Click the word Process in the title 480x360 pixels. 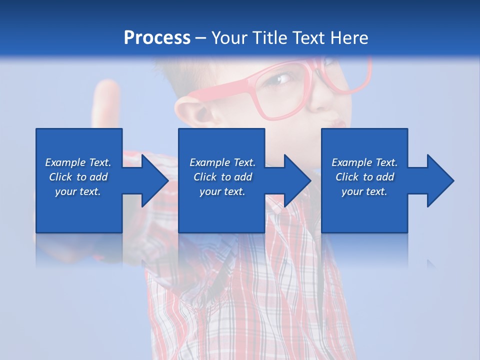pos(157,38)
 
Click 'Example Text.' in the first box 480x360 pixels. pos(78,162)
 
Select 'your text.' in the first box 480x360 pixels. pos(78,191)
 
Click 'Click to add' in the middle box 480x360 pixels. pos(222,177)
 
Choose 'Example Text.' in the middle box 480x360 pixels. pos(222,162)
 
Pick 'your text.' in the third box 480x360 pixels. pos(364,191)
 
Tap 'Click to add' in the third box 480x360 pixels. pos(364,177)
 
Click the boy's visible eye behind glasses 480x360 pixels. pos(283,78)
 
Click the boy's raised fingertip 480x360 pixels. pos(107,87)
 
